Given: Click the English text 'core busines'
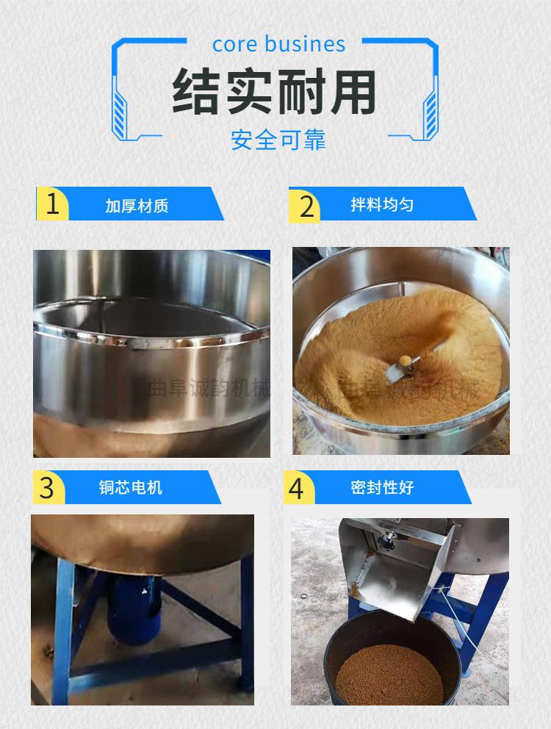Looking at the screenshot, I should point(278,44).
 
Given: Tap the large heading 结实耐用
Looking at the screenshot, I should point(275,93).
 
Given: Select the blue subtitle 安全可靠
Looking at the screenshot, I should point(278,140).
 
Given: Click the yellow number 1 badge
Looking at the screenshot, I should point(52,204).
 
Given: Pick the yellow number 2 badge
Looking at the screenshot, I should point(306,205).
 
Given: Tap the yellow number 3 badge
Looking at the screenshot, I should point(47,488).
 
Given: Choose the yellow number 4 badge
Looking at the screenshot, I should point(296,488).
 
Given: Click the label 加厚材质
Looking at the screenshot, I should point(137,205).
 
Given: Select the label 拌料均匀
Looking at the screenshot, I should point(381,204).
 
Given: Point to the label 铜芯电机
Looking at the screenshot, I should point(131,488).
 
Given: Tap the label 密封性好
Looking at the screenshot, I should point(382,488).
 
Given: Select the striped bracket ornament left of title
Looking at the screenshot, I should point(118,110).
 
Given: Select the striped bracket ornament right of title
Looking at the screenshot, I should point(431,110).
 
